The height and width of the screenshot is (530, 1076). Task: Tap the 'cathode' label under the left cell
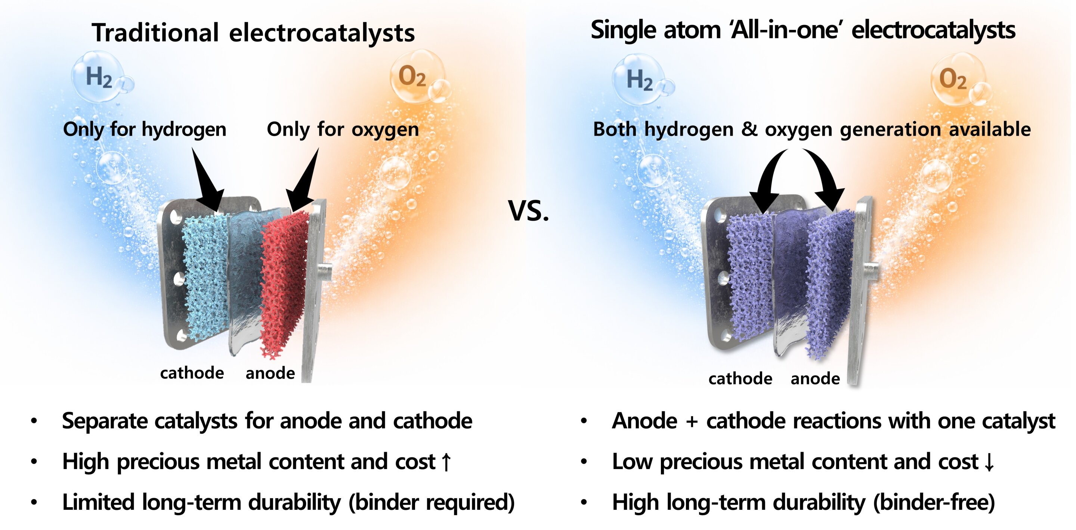pyautogui.click(x=192, y=373)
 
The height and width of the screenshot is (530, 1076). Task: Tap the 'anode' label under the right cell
pyautogui.click(x=815, y=379)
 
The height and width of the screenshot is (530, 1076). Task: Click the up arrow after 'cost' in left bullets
pyautogui.click(x=446, y=462)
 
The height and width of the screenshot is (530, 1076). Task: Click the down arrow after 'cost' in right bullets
pyautogui.click(x=989, y=462)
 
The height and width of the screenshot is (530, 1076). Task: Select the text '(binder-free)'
pyautogui.click(x=934, y=502)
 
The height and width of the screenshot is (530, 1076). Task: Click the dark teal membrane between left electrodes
pyautogui.click(x=247, y=267)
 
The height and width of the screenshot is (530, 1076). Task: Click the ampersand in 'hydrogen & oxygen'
pyautogui.click(x=749, y=129)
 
